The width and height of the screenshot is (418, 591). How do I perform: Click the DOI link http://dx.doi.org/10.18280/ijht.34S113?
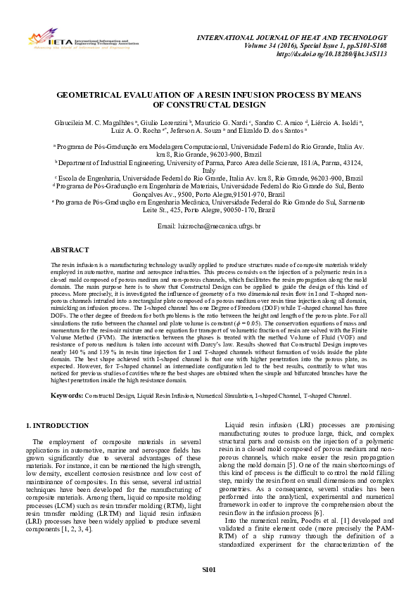coord(334,53)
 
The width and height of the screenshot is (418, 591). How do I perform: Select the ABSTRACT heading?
coord(69,230)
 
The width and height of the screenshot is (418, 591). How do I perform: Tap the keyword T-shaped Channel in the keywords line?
coord(327,396)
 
